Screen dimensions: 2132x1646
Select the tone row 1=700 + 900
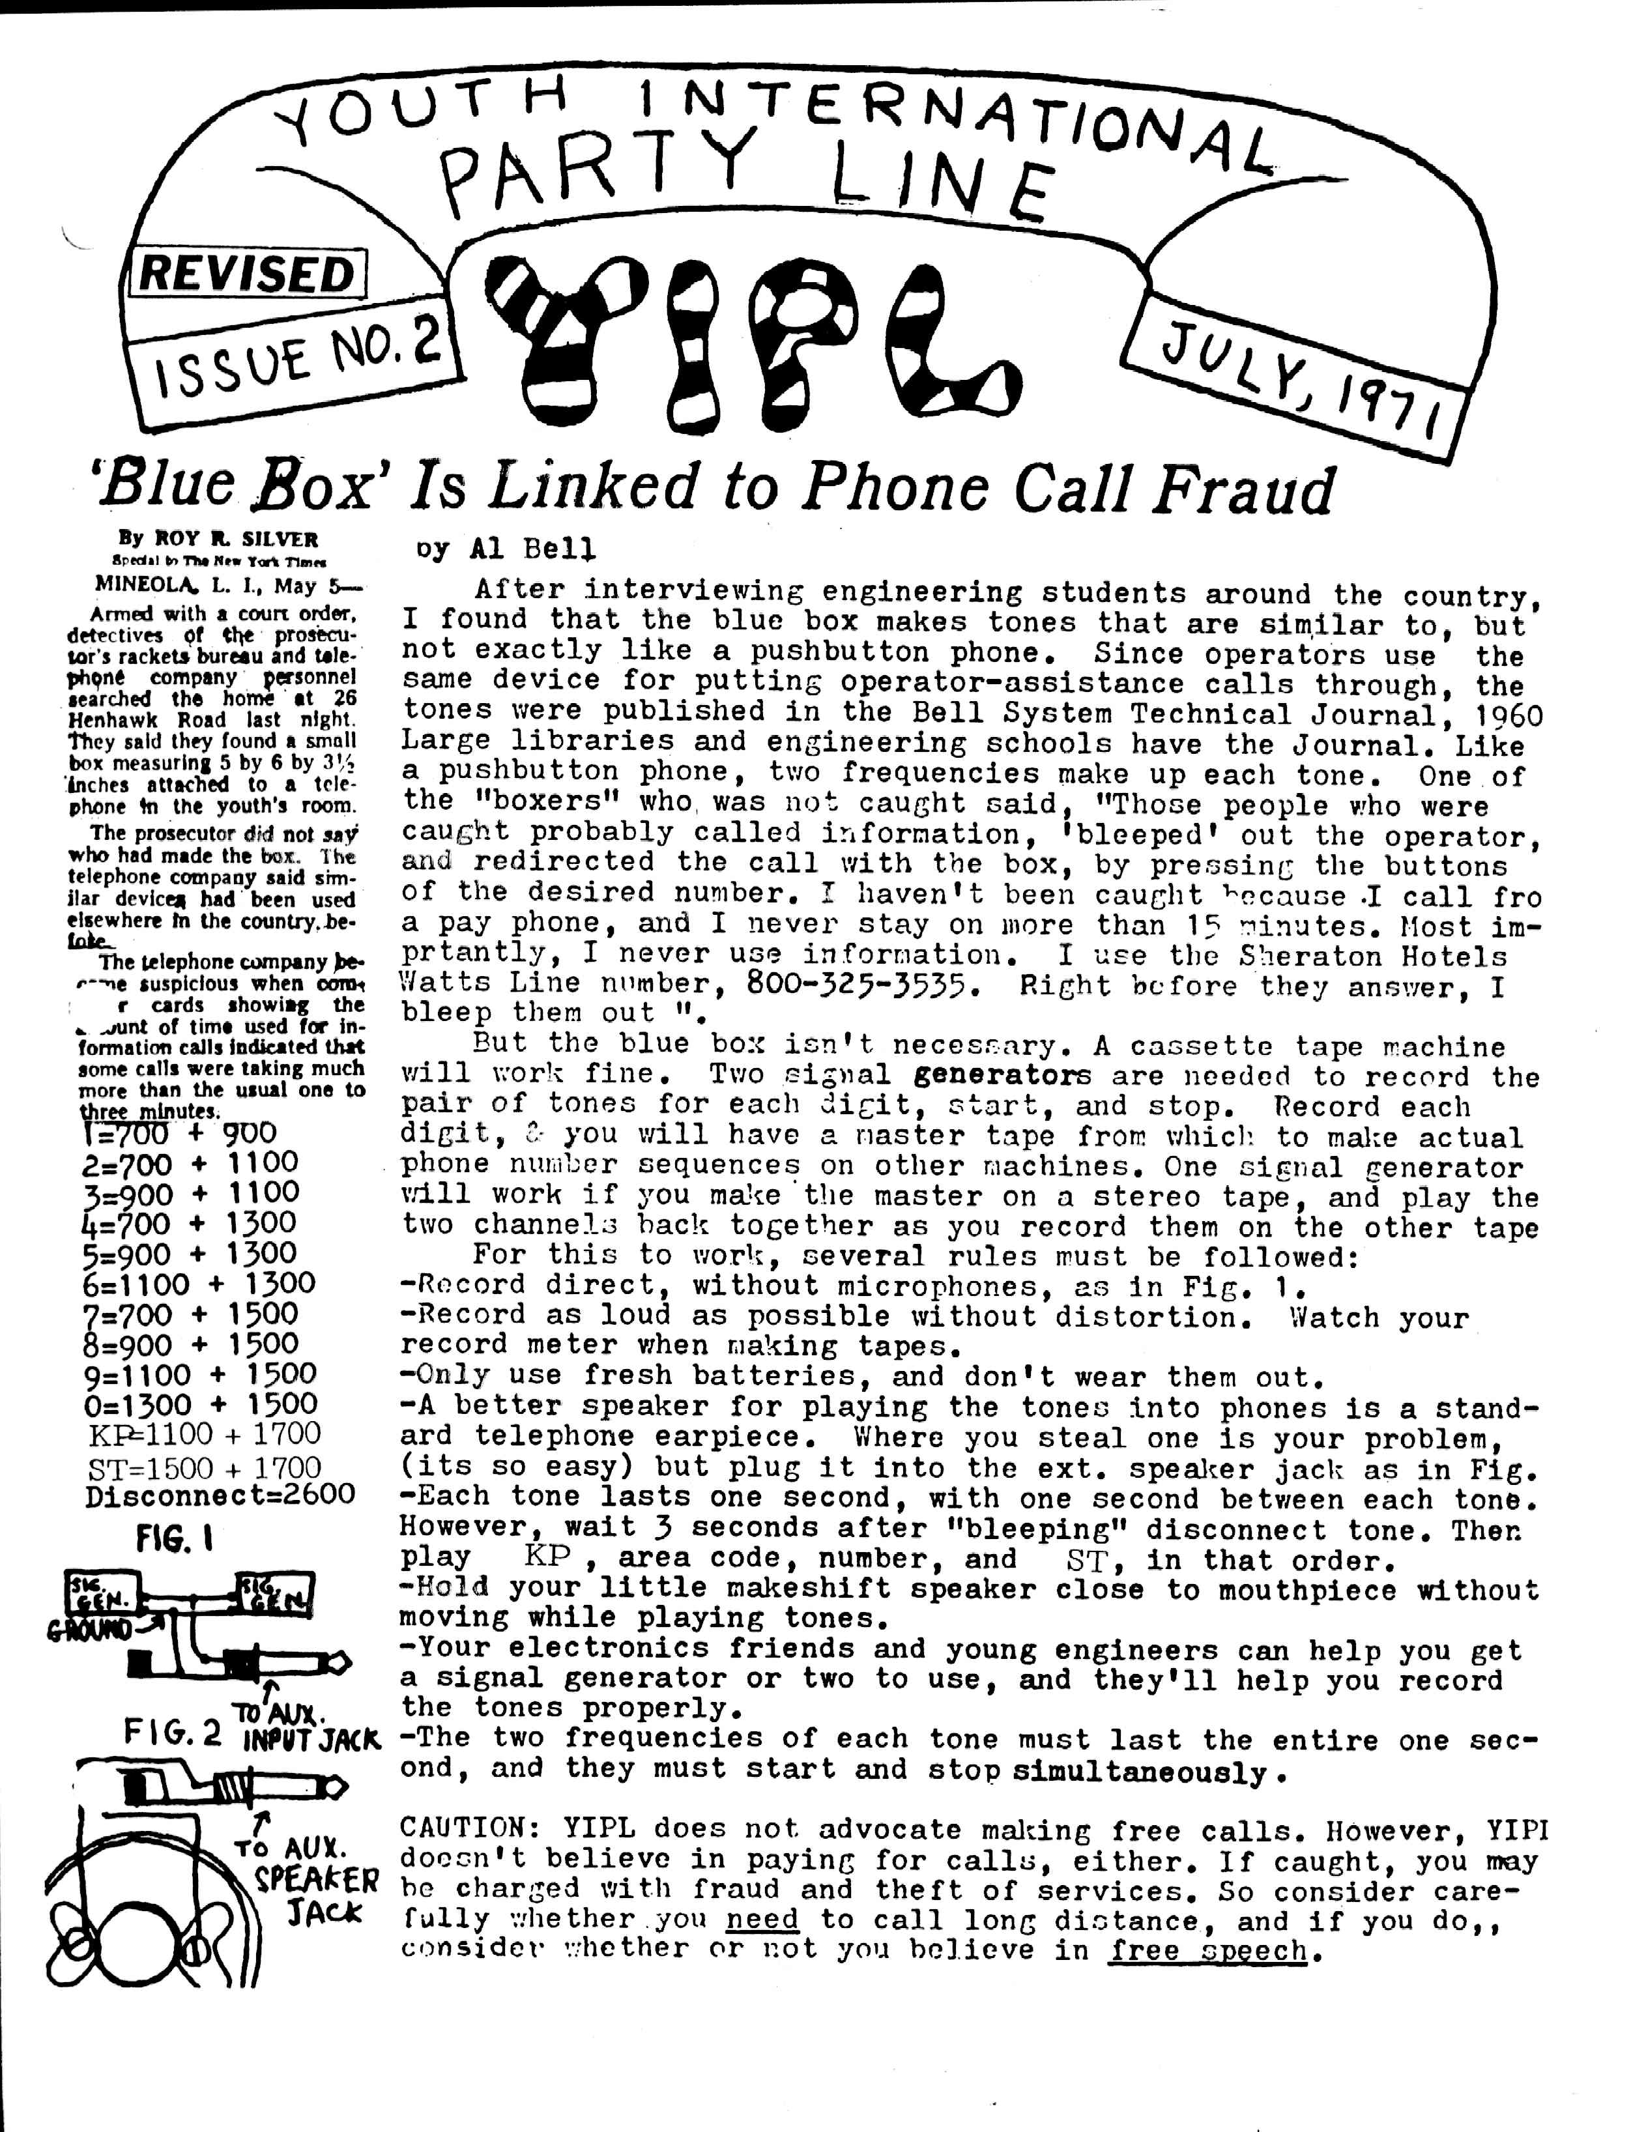coord(180,1133)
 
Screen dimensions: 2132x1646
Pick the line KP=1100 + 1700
coord(204,1434)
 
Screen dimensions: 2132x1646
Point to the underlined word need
coord(762,1920)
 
